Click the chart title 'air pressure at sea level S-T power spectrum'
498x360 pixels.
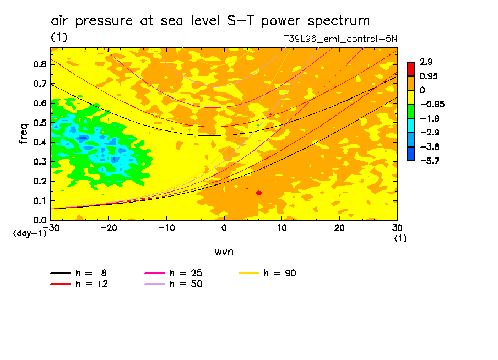210,21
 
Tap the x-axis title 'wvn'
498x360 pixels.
224,252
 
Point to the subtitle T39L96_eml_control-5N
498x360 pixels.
340,39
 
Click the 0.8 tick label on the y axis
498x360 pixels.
39,64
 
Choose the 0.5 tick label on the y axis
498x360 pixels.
39,123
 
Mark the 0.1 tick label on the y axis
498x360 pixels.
39,201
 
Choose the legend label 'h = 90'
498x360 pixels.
280,273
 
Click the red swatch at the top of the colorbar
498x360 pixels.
411,69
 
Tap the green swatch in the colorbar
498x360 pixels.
411,111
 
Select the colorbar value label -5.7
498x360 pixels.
427,160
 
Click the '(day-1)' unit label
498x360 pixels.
30,233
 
